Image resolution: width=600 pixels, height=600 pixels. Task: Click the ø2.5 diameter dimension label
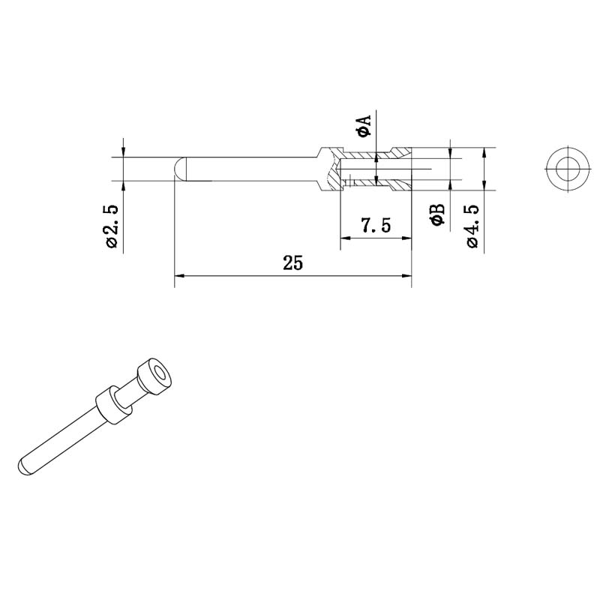click(x=112, y=226)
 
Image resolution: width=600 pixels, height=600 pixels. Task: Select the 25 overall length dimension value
click(x=292, y=263)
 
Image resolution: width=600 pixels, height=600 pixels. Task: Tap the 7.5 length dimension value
click(x=376, y=225)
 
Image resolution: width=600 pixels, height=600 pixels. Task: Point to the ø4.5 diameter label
click(x=472, y=226)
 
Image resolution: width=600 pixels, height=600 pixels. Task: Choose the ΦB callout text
click(x=437, y=214)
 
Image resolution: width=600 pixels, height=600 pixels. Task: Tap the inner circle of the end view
click(x=568, y=169)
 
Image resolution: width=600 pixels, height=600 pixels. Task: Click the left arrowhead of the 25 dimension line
click(x=179, y=275)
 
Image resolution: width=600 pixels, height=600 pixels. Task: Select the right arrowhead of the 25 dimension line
click(x=406, y=275)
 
